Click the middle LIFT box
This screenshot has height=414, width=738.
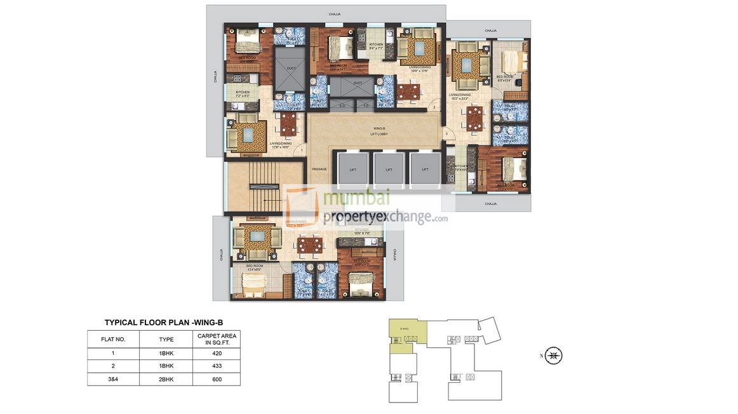click(x=389, y=169)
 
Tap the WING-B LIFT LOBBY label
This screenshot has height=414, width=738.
click(x=380, y=131)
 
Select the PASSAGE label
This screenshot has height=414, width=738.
click(x=319, y=169)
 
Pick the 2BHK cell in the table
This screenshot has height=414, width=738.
click(x=166, y=379)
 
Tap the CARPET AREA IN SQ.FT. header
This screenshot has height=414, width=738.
click(x=218, y=338)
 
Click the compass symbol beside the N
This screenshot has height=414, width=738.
click(x=553, y=356)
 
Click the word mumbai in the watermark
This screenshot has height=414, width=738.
click(x=356, y=197)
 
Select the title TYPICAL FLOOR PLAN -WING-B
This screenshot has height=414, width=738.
click(x=164, y=323)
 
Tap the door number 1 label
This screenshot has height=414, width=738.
click(x=302, y=150)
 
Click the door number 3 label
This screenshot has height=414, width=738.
click(x=446, y=134)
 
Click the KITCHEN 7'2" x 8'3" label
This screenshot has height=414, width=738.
click(x=243, y=94)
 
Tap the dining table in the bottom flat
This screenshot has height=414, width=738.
click(x=311, y=244)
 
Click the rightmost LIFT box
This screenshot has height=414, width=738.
click(x=425, y=169)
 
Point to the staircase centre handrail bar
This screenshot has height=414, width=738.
click(x=263, y=187)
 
